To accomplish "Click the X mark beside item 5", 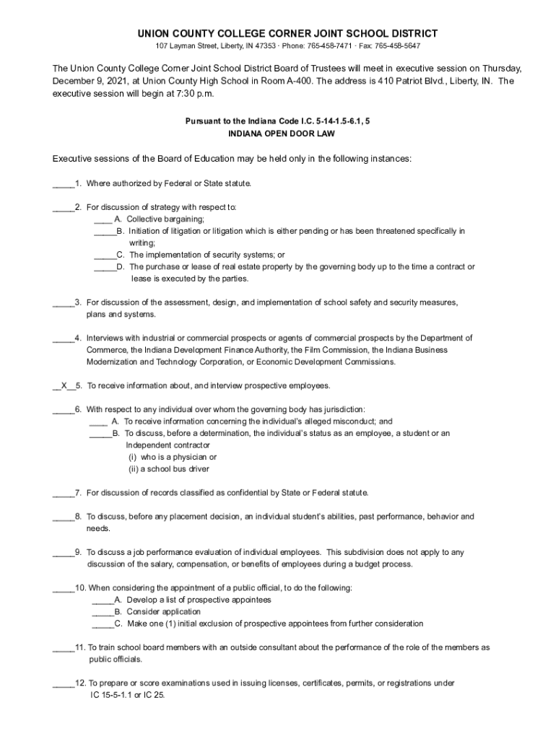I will pyautogui.click(x=64, y=385).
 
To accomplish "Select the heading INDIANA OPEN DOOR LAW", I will pyautogui.click(x=277, y=134).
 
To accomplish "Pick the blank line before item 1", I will pyautogui.click(x=63, y=184).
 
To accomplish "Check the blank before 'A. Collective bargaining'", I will pyautogui.click(x=103, y=219).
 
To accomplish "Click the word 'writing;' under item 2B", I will pyautogui.click(x=142, y=243).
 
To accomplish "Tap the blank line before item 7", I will pyautogui.click(x=63, y=494).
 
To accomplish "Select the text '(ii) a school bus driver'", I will pyautogui.click(x=169, y=469).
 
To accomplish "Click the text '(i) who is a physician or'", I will pyautogui.click(x=173, y=458).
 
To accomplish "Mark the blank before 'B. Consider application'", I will pyautogui.click(x=102, y=612).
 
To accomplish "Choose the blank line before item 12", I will pyautogui.click(x=63, y=683).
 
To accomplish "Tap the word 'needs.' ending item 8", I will pyautogui.click(x=98, y=529).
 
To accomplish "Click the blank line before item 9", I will pyautogui.click(x=63, y=553).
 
